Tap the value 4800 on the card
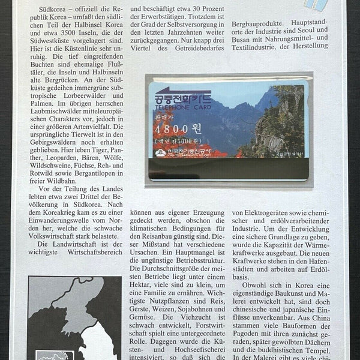pyautogui.click(x=174, y=129)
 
